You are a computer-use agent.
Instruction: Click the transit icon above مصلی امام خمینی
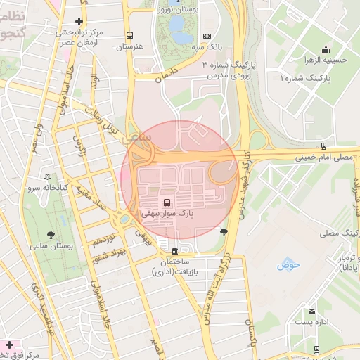323,146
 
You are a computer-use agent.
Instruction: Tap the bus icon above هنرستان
129,35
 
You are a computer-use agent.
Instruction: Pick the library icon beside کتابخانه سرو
48,176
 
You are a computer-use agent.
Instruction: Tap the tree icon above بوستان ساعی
50,235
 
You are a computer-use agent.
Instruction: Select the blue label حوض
288,265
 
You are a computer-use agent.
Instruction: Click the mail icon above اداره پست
311,311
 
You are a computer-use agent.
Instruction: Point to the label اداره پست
310,321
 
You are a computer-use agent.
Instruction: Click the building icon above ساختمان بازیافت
174,251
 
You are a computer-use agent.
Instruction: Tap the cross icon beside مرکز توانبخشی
79,22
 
